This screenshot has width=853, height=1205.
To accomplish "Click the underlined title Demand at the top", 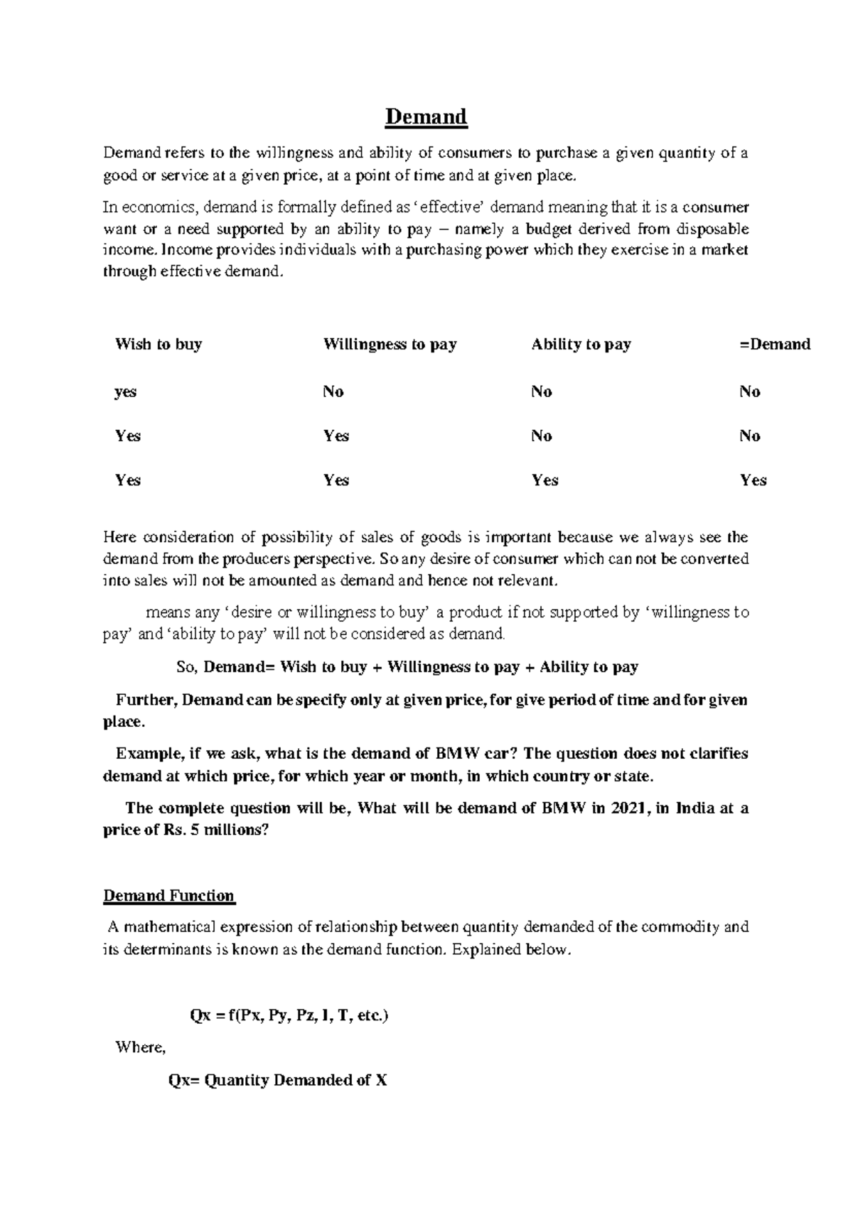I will [426, 117].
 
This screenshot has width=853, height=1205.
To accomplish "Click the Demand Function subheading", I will [168, 895].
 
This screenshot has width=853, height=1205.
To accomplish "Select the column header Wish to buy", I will [159, 345].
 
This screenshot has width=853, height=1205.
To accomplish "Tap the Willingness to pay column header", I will [390, 345].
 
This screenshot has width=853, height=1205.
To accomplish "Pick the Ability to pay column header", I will [581, 345].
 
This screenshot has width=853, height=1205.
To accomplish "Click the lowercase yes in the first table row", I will [125, 391].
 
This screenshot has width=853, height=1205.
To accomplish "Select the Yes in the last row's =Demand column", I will [753, 480].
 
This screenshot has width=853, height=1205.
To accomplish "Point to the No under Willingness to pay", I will [333, 391].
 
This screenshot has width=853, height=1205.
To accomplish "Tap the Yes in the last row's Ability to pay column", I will [544, 480].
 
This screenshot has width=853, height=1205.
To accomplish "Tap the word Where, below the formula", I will [140, 1047].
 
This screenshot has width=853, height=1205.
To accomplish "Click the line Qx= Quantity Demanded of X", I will [277, 1081].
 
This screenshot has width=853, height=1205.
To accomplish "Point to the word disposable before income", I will [713, 229].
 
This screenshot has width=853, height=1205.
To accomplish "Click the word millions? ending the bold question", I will [237, 830].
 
